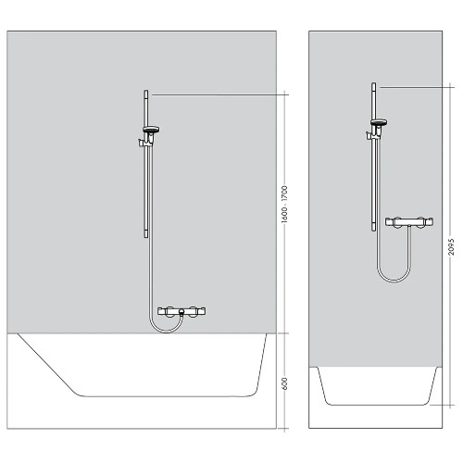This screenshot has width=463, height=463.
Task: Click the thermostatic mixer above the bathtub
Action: click(181, 313)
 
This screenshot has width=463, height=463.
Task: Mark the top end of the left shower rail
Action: click(146, 92)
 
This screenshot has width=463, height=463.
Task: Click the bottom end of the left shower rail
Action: click(146, 237)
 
